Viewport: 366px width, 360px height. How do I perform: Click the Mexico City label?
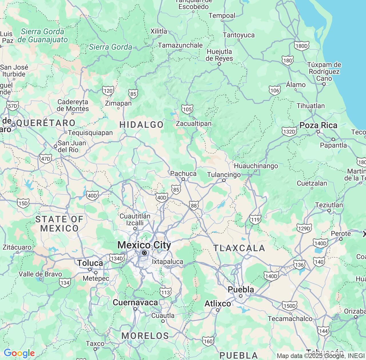click(144, 245)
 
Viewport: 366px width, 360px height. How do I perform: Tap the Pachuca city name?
click(183, 174)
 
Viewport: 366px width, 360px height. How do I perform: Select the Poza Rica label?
click(318, 125)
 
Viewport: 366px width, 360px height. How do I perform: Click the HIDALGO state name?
click(142, 125)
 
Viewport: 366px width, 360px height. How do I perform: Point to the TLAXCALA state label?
click(239, 248)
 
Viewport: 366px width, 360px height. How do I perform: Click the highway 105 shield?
click(187, 109)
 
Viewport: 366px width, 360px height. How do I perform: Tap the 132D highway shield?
click(289, 131)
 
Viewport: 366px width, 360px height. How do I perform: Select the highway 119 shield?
click(255, 219)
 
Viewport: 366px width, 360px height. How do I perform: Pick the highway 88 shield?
click(194, 206)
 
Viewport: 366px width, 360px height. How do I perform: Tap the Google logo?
click(19, 353)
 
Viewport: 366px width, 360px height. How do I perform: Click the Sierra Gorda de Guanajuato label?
click(43, 35)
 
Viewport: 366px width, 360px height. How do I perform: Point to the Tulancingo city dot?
click(224, 180)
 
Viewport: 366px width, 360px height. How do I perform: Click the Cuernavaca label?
click(135, 302)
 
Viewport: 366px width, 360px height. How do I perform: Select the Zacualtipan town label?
click(194, 123)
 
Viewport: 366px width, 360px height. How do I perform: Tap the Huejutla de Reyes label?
click(219, 55)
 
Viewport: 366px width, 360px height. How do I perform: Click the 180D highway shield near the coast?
click(302, 46)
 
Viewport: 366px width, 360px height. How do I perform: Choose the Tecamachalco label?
click(290, 318)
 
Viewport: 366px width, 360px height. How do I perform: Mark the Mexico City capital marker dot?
click(144, 253)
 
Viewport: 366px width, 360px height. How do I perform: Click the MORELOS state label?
click(145, 336)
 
